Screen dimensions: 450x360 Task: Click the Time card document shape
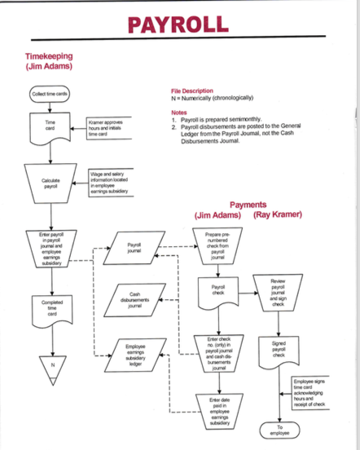click(50, 129)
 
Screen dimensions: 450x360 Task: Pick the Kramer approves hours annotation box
click(110, 127)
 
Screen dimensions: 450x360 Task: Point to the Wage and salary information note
click(111, 180)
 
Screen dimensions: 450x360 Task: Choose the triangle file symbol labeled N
click(50, 364)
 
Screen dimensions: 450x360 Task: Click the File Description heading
click(192, 90)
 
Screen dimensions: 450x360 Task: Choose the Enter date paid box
click(217, 404)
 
